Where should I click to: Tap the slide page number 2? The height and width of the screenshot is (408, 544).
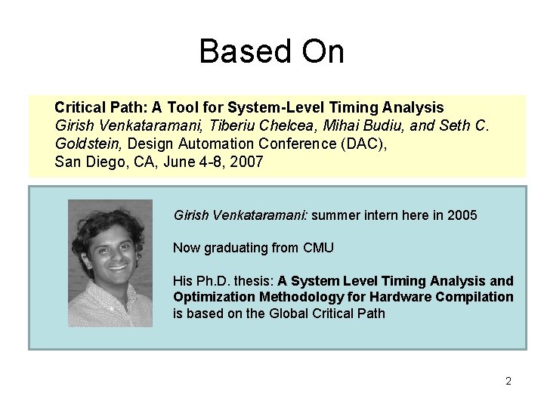pos(508,382)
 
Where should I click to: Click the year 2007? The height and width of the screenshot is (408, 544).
pos(247,162)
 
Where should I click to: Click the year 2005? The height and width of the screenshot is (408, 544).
pos(462,215)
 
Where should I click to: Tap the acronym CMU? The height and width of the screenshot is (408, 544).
pos(318,248)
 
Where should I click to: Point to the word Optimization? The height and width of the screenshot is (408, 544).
pos(210,297)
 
